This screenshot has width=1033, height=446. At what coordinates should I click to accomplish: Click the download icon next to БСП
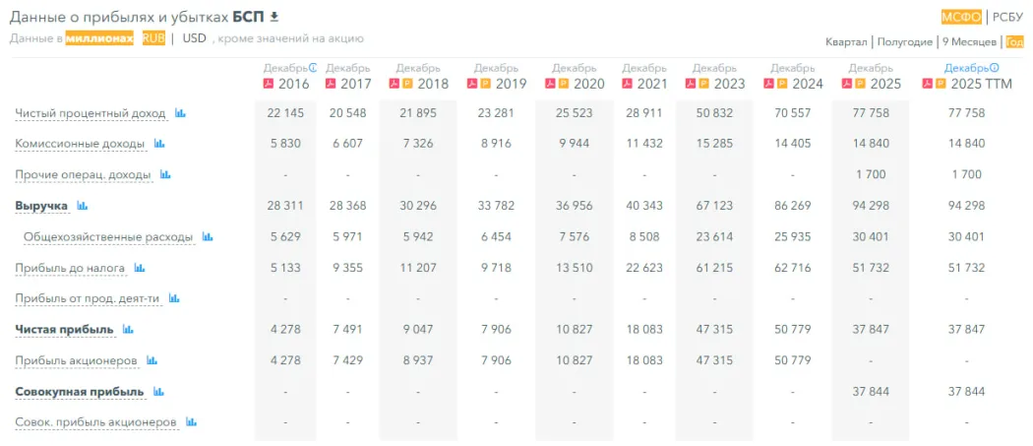click(274, 16)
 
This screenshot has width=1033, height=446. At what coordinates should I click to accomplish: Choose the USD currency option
click(195, 38)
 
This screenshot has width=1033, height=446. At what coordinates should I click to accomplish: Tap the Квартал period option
click(846, 41)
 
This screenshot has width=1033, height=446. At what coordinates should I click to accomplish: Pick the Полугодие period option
click(904, 41)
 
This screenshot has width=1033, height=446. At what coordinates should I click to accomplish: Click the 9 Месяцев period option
click(968, 41)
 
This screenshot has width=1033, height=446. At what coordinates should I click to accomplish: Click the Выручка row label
click(41, 206)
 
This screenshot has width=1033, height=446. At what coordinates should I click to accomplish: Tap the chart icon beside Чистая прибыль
click(128, 329)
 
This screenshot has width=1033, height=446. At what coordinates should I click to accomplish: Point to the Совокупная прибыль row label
click(79, 391)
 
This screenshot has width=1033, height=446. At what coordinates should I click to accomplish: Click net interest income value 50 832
click(714, 113)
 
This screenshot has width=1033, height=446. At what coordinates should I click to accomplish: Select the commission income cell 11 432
click(644, 144)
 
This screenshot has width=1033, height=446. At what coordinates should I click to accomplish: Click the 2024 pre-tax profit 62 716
click(792, 268)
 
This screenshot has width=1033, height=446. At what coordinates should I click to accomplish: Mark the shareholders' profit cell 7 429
click(348, 360)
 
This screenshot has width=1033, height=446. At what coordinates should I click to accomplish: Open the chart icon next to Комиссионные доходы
click(159, 144)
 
